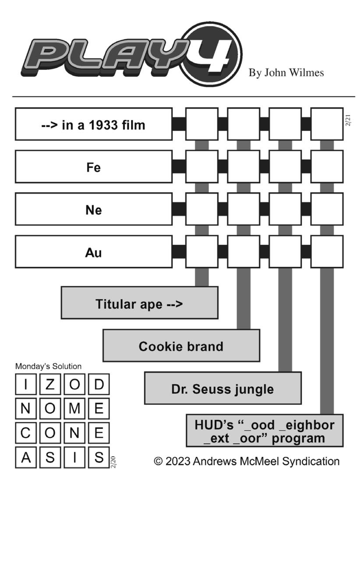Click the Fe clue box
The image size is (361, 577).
tap(94, 167)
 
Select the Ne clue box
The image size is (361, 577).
tap(94, 209)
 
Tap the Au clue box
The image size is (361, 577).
tap(94, 252)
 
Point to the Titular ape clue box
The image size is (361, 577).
tap(139, 303)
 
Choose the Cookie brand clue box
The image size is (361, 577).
tap(181, 345)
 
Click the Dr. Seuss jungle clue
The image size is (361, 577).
tap(223, 388)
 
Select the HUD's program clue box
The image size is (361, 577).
tap(265, 430)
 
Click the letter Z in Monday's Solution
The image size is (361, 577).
tap(50, 384)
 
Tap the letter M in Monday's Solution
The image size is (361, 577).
tap(74, 408)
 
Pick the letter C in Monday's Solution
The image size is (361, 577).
tap(25, 433)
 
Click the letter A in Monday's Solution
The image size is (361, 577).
tap(25, 457)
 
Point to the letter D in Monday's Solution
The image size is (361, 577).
tap(99, 384)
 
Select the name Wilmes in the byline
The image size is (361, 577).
tap(306, 73)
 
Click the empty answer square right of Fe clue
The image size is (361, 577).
tap(202, 167)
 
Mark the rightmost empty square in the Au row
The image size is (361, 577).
tap(327, 252)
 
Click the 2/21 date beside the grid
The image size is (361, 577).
tap(348, 120)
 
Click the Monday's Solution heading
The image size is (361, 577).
tap(48, 366)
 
